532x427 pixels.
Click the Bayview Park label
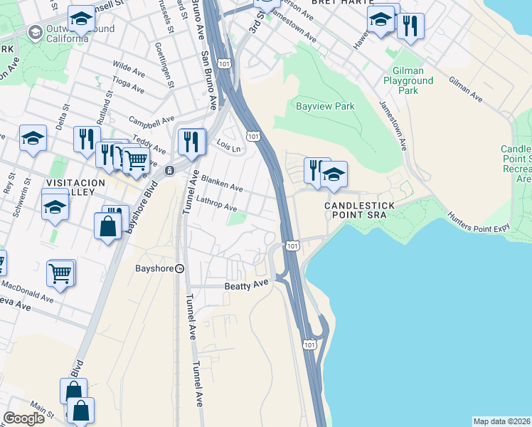[324, 107]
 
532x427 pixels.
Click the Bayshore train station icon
[180, 268]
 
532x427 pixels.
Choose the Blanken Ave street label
[222, 184]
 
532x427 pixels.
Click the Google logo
[23, 418]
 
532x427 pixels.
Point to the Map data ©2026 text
[501, 421]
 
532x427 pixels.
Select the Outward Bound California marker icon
[35, 32]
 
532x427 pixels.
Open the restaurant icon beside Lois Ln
[191, 140]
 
